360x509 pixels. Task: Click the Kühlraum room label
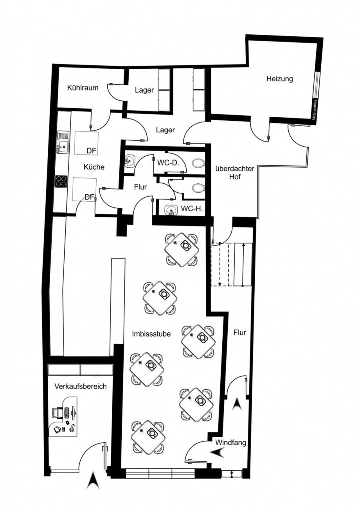(83, 88)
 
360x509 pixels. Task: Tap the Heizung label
(280, 79)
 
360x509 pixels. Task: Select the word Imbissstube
(151, 334)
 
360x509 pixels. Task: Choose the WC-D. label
(167, 163)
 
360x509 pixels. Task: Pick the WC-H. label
(192, 209)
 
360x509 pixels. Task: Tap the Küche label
(94, 167)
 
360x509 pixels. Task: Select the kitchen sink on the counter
(63, 143)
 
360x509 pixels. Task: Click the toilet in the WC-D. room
(199, 163)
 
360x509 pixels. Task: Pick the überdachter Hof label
(235, 173)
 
